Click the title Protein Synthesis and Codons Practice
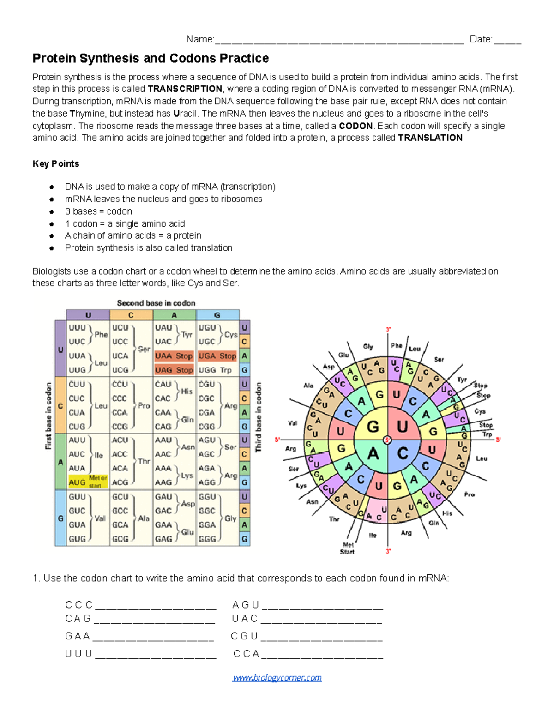pos(151,59)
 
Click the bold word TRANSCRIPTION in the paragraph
pos(185,89)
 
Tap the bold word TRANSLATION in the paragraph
pos(430,138)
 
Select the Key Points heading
pos(56,164)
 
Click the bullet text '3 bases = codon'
pos(98,211)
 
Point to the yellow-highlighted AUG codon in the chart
pos(77,482)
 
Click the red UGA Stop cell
pos(217,356)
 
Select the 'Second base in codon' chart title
pos(156,303)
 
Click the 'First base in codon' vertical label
pos(48,416)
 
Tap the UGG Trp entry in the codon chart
pos(215,370)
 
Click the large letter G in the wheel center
pos(373,427)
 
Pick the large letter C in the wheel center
pos(403,453)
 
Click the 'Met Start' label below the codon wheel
pos(348,548)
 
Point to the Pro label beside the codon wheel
pos(469,494)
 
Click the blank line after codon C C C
pos(156,606)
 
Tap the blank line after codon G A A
pos(153,637)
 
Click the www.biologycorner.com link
pos(277,678)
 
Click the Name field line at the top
pos(339,40)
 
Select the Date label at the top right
pos(481,40)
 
